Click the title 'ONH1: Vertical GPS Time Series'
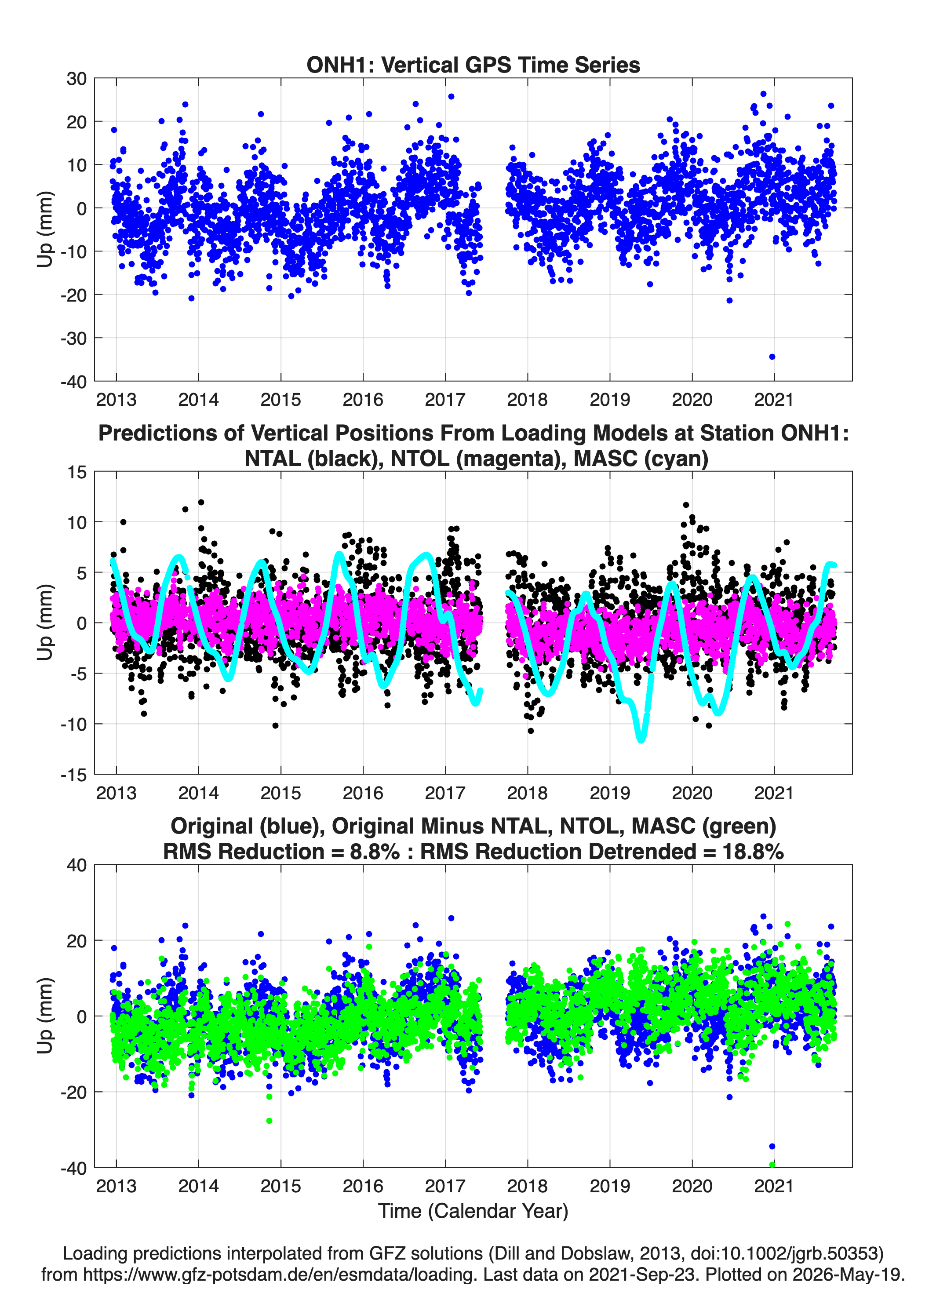(473, 65)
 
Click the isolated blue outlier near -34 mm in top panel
(772, 357)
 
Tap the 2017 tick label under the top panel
(445, 400)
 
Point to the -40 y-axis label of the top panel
(73, 382)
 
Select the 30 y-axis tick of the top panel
(76, 79)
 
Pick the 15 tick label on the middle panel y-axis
(77, 472)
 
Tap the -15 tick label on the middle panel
(73, 775)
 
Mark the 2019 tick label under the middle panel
(610, 793)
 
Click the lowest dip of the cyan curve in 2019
(641, 739)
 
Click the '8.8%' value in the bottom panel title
(375, 852)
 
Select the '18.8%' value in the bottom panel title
(753, 852)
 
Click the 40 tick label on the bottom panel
(76, 865)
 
